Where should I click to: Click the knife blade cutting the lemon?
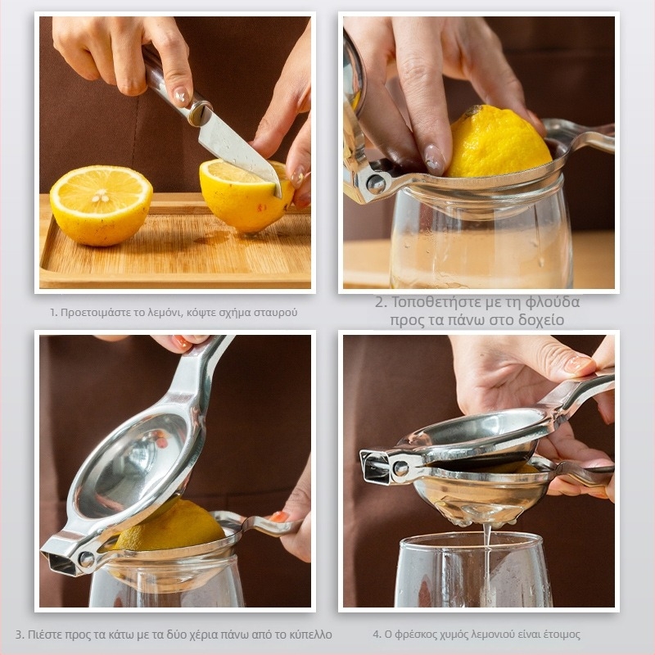pos(238,147)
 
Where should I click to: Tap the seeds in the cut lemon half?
pos(101,196)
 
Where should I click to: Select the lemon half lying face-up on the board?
pos(101,205)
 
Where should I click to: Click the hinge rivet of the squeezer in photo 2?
pos(376,183)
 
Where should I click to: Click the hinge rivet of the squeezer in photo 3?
pos(86,558)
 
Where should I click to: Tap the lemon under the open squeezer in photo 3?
pos(171,527)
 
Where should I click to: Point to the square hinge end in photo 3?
pos(59,558)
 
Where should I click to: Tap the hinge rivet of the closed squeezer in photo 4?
pos(400,468)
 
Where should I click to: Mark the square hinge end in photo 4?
pos(375,466)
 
